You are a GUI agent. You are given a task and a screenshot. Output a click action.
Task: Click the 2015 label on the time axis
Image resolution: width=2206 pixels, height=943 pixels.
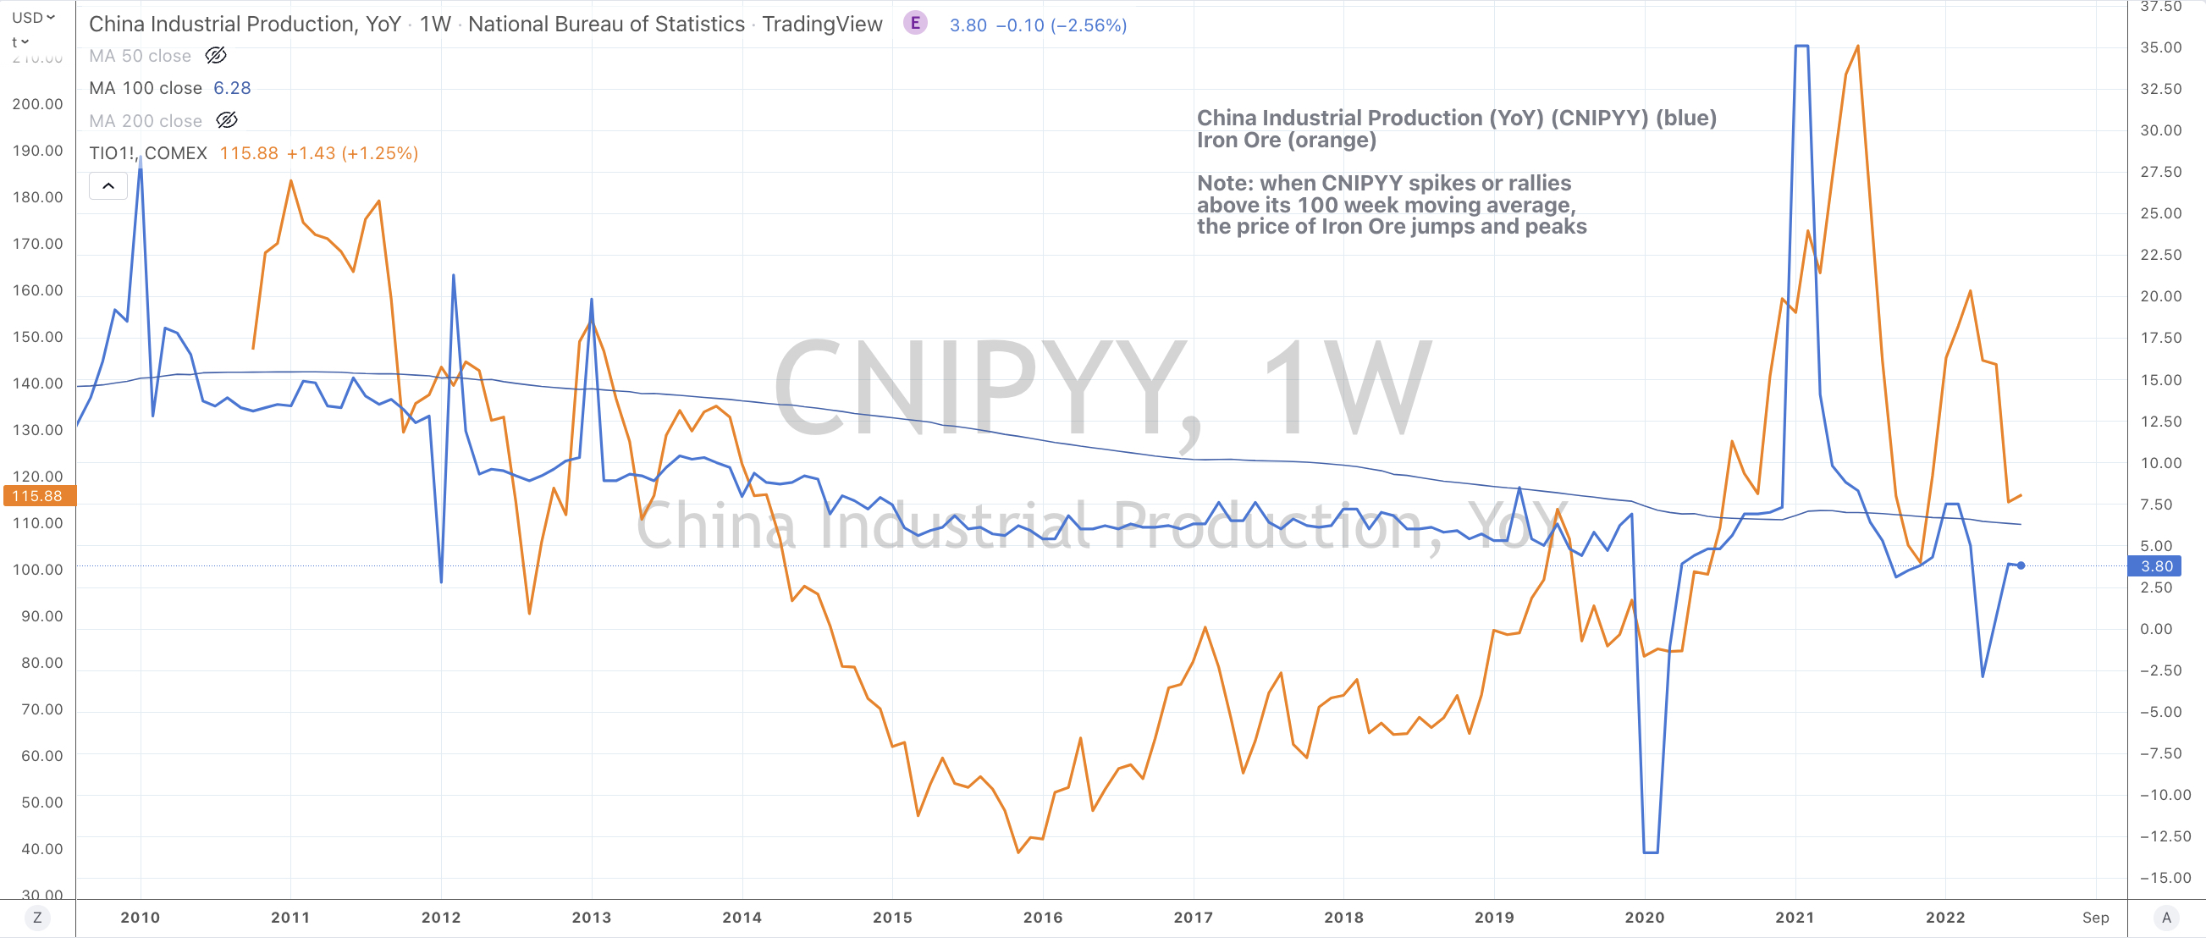pyautogui.click(x=891, y=918)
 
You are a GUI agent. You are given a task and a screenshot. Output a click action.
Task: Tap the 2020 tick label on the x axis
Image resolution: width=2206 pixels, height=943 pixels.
pyautogui.click(x=1644, y=918)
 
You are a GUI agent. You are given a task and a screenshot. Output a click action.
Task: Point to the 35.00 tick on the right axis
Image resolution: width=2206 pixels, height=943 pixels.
pyautogui.click(x=2159, y=47)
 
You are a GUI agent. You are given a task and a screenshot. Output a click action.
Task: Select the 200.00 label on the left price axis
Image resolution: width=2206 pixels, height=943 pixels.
pyautogui.click(x=38, y=103)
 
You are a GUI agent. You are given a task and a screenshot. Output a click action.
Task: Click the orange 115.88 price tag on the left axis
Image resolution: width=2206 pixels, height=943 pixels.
pyautogui.click(x=38, y=496)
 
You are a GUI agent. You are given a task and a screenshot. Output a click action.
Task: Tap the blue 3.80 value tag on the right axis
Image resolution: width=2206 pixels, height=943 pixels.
pyautogui.click(x=2155, y=566)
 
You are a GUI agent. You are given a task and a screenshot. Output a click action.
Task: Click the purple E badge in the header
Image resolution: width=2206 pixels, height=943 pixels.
pyautogui.click(x=914, y=24)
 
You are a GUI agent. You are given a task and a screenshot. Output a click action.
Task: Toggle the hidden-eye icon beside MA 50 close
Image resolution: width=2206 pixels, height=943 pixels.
pyautogui.click(x=216, y=56)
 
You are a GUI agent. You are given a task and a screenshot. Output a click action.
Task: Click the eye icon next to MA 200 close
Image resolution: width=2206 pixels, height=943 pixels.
pyautogui.click(x=227, y=121)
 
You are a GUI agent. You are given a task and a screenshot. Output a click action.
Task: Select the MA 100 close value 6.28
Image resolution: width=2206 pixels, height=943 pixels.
pyautogui.click(x=232, y=88)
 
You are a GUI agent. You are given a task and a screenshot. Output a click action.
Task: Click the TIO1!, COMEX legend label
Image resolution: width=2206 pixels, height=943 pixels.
pyautogui.click(x=148, y=153)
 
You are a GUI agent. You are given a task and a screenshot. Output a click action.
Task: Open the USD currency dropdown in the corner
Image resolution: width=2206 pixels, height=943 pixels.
pyautogui.click(x=32, y=17)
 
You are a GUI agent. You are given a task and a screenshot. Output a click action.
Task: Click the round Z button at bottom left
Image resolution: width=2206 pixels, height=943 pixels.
pyautogui.click(x=37, y=918)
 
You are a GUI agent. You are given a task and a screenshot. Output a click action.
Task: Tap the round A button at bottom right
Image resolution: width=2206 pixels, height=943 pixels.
pyautogui.click(x=2165, y=918)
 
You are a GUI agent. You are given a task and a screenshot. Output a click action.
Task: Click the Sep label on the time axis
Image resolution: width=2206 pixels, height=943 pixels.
pyautogui.click(x=2094, y=918)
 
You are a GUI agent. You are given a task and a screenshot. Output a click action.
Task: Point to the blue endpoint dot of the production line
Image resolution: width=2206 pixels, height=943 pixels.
pyautogui.click(x=2021, y=565)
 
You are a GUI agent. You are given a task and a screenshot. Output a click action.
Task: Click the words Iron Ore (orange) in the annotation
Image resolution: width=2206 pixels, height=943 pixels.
pyautogui.click(x=1285, y=140)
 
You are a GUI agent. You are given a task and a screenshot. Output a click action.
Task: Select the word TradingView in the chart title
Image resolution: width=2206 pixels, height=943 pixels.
pyautogui.click(x=821, y=24)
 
